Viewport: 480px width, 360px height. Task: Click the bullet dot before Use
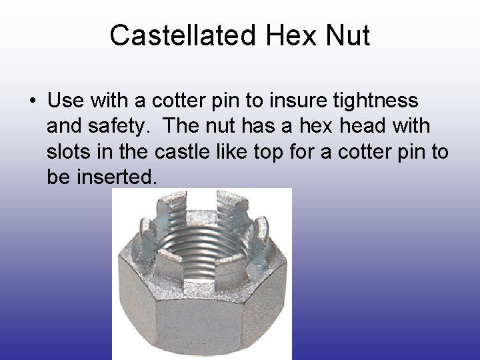(x=31, y=102)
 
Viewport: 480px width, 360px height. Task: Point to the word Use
(x=64, y=101)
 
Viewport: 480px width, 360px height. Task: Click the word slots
(x=68, y=151)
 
